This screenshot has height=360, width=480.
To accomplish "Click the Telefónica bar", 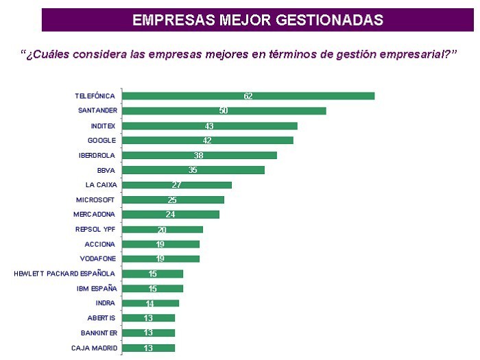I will point(248,96).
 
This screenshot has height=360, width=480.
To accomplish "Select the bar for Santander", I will point(224,110).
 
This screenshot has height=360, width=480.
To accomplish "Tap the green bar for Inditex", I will point(209,125).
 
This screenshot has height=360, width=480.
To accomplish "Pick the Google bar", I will point(207,141).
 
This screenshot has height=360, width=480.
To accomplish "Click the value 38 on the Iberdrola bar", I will point(199,156).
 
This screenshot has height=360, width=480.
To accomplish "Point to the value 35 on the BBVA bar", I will point(193,170).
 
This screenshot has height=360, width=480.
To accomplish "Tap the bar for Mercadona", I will point(170,215).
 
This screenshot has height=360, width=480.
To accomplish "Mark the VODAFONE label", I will point(97,259).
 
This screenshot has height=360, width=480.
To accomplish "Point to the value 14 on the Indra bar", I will point(150,303).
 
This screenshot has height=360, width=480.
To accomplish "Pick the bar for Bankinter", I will point(148,333).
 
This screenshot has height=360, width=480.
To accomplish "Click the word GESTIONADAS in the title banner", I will point(329,19).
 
